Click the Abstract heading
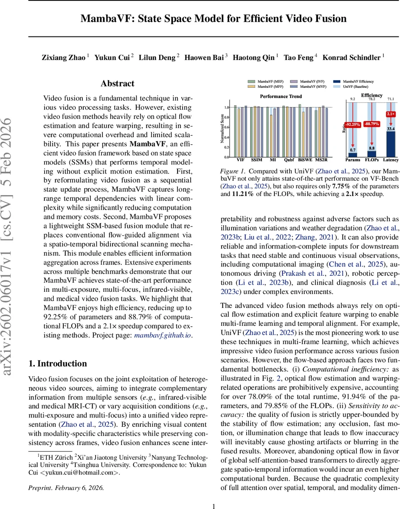pos(117,84)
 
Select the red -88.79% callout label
pos(372,123)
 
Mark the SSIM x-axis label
pos(256,160)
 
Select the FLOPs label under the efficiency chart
pos(372,160)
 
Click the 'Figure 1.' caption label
pos(232,171)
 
